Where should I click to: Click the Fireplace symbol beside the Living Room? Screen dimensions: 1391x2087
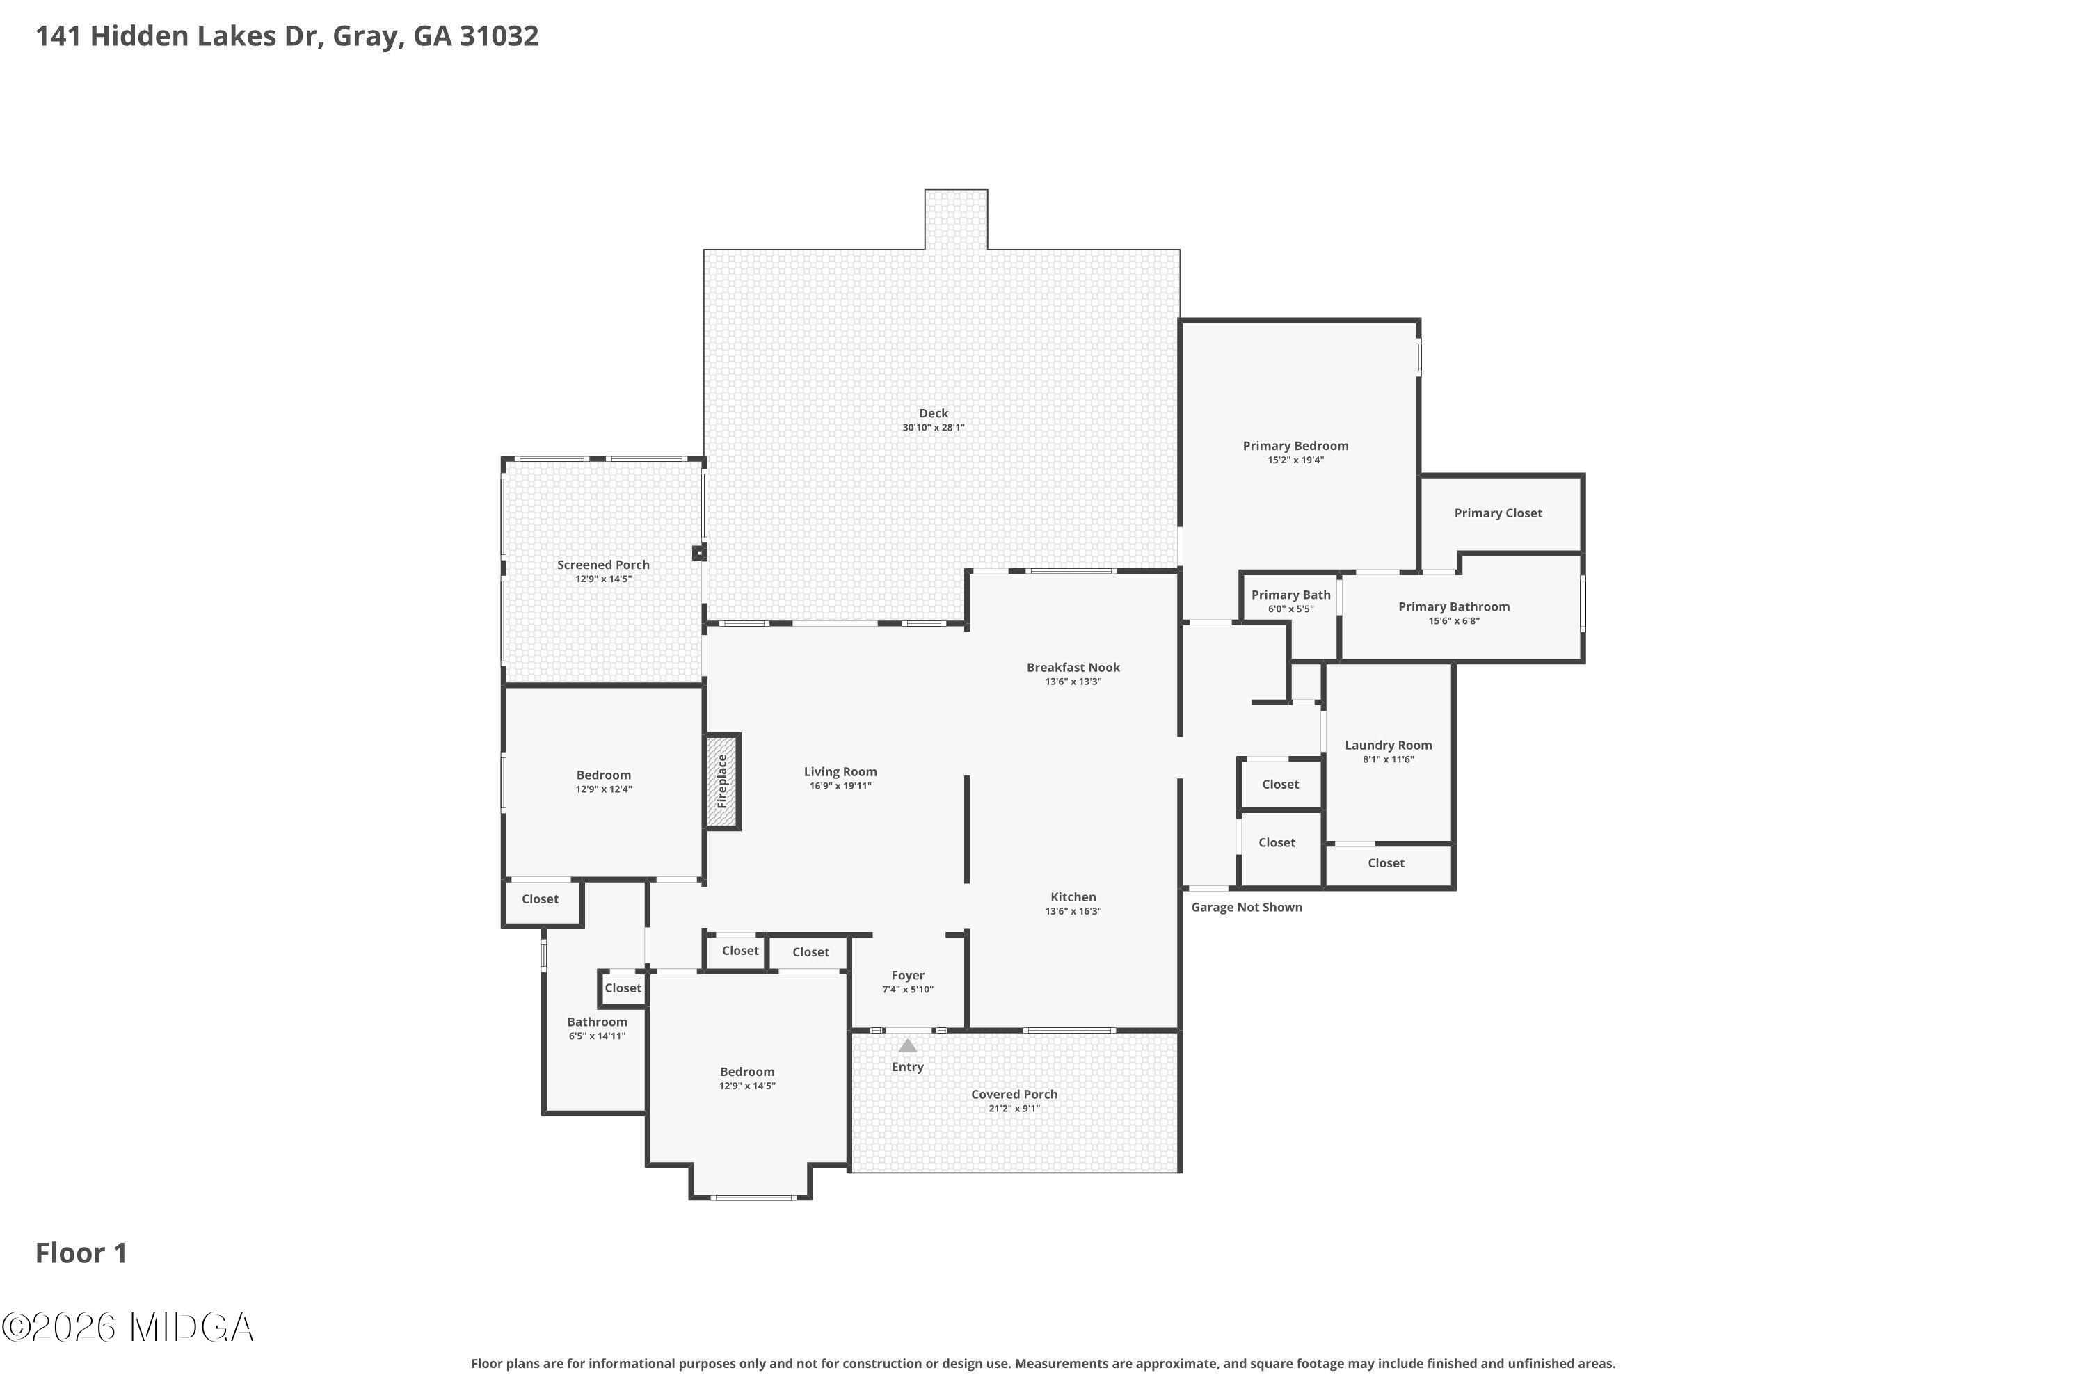tap(722, 782)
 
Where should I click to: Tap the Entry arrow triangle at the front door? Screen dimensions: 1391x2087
tap(907, 1046)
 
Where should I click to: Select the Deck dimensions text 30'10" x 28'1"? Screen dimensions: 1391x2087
tap(933, 428)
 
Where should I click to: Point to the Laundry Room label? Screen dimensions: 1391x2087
tap(1388, 745)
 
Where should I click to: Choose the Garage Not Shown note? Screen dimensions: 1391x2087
tap(1246, 907)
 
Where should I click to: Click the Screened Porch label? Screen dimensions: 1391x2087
tap(602, 564)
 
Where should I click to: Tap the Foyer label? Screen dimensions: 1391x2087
tap(907, 975)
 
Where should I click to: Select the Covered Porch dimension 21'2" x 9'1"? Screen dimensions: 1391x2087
tap(1014, 1109)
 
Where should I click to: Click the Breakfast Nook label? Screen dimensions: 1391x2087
tap(1073, 667)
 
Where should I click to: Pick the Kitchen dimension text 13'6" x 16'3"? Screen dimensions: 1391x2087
tap(1073, 911)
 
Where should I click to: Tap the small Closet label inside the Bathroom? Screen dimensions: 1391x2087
tap(622, 988)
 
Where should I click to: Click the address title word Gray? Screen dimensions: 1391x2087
tap(364, 36)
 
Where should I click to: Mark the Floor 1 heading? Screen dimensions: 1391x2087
tap(81, 1253)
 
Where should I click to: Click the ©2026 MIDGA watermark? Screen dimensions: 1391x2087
tap(129, 1328)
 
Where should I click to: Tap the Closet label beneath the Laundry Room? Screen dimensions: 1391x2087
tap(1385, 863)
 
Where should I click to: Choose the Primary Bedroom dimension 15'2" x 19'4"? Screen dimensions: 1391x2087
tap(1295, 460)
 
